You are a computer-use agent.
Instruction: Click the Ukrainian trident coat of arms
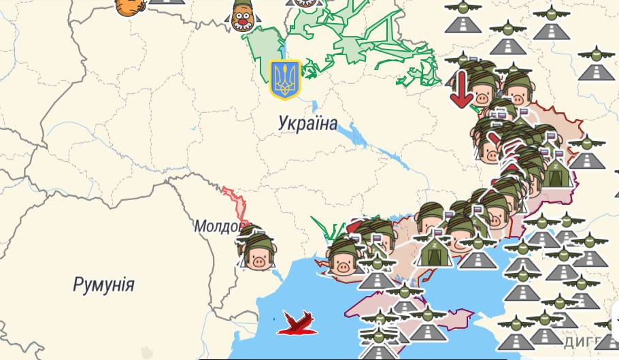point(285,80)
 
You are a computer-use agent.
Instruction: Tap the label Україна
point(307,123)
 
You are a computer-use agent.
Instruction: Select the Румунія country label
point(103,284)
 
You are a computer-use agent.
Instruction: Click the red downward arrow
point(461,88)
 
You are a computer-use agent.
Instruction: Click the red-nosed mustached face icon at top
point(241,16)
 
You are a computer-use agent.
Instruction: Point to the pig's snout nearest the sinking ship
point(341,267)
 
